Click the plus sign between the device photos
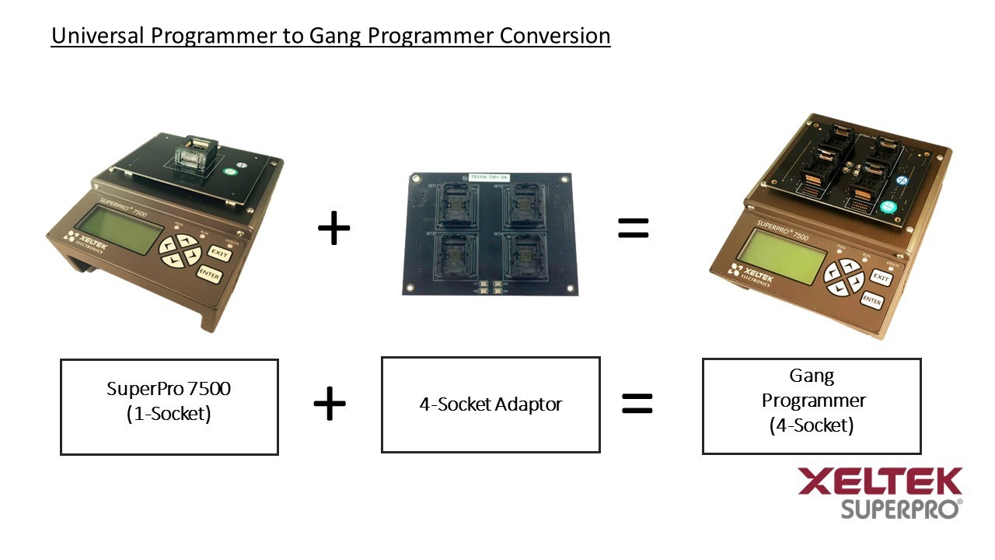pyautogui.click(x=334, y=229)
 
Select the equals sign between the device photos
pyautogui.click(x=633, y=227)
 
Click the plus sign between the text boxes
pyautogui.click(x=330, y=404)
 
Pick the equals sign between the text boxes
pyautogui.click(x=637, y=403)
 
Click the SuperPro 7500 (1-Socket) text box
pyautogui.click(x=169, y=407)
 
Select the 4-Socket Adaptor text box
pyautogui.click(x=491, y=404)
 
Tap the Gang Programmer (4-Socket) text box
pyautogui.click(x=812, y=406)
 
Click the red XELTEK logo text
pyautogui.click(x=880, y=481)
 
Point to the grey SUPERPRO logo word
pyautogui.click(x=899, y=509)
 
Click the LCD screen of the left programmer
pyautogui.click(x=117, y=230)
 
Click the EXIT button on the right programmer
pyautogui.click(x=880, y=278)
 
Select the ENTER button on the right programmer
pyautogui.click(x=872, y=301)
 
